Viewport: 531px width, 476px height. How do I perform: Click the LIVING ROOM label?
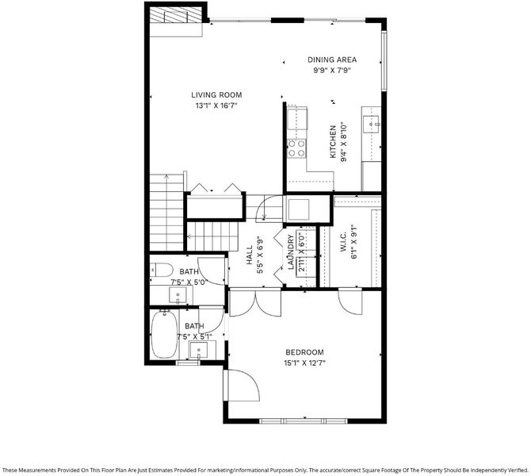216,95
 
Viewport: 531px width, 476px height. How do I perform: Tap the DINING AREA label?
332,59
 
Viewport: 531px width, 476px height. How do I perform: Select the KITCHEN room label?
333,141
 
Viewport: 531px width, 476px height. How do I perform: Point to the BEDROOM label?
304,352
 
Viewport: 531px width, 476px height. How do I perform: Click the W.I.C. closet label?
343,242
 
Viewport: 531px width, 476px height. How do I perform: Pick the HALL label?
250,255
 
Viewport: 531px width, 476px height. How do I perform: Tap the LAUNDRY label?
290,252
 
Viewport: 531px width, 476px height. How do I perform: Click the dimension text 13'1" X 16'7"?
216,106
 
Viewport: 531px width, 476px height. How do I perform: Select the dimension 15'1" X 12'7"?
304,363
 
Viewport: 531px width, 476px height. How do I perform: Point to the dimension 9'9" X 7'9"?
332,71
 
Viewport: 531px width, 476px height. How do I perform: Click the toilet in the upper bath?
161,270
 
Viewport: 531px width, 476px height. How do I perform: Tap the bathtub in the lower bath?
164,334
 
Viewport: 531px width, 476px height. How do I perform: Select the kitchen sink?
370,124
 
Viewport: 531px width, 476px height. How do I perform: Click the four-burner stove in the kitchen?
296,148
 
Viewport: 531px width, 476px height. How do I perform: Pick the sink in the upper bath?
178,295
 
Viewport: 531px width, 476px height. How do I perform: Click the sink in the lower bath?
198,350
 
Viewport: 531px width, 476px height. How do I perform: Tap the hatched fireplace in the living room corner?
174,16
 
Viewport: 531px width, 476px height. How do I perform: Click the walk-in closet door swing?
350,301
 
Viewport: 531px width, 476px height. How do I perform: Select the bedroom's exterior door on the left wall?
241,386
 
